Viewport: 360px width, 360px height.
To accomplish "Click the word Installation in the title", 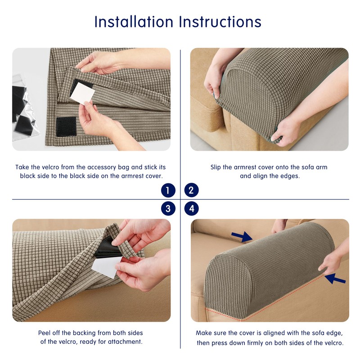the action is point(134,22).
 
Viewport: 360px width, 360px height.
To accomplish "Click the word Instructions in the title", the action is point(220,22).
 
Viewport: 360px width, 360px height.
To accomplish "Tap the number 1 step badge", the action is point(168,190).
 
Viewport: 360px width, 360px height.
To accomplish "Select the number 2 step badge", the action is point(192,190).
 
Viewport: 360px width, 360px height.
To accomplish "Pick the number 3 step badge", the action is point(168,208).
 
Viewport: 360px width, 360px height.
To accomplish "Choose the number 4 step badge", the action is point(192,208).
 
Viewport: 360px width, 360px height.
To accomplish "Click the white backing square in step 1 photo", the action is point(82,94).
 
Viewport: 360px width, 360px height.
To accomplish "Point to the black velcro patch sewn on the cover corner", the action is point(66,126).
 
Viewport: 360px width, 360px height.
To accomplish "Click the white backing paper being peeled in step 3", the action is point(107,267).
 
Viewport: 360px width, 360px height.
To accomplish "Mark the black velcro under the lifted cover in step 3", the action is point(108,249).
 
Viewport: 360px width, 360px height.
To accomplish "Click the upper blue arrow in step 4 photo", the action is point(242,237).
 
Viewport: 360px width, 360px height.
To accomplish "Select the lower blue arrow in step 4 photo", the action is point(335,279).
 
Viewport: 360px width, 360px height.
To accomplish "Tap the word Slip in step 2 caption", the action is point(216,167).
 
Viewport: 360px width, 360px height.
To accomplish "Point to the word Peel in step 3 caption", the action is point(44,333).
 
